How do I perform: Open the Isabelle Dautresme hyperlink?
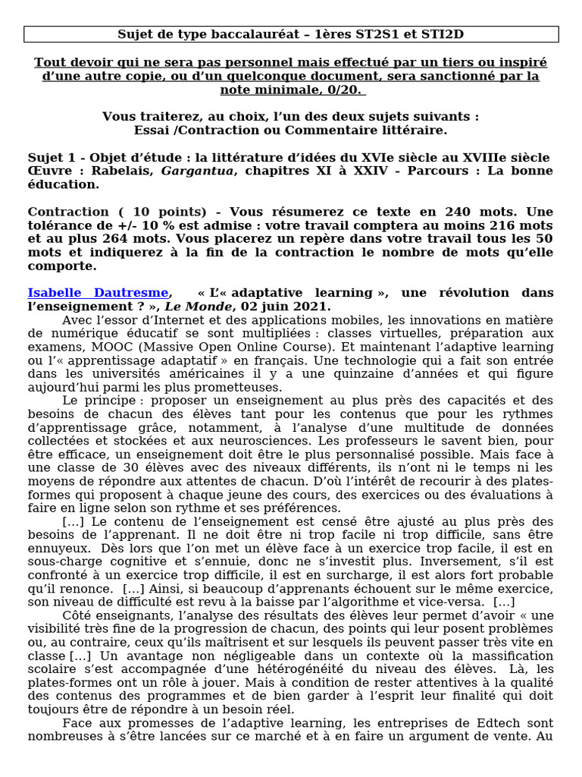(99, 293)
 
